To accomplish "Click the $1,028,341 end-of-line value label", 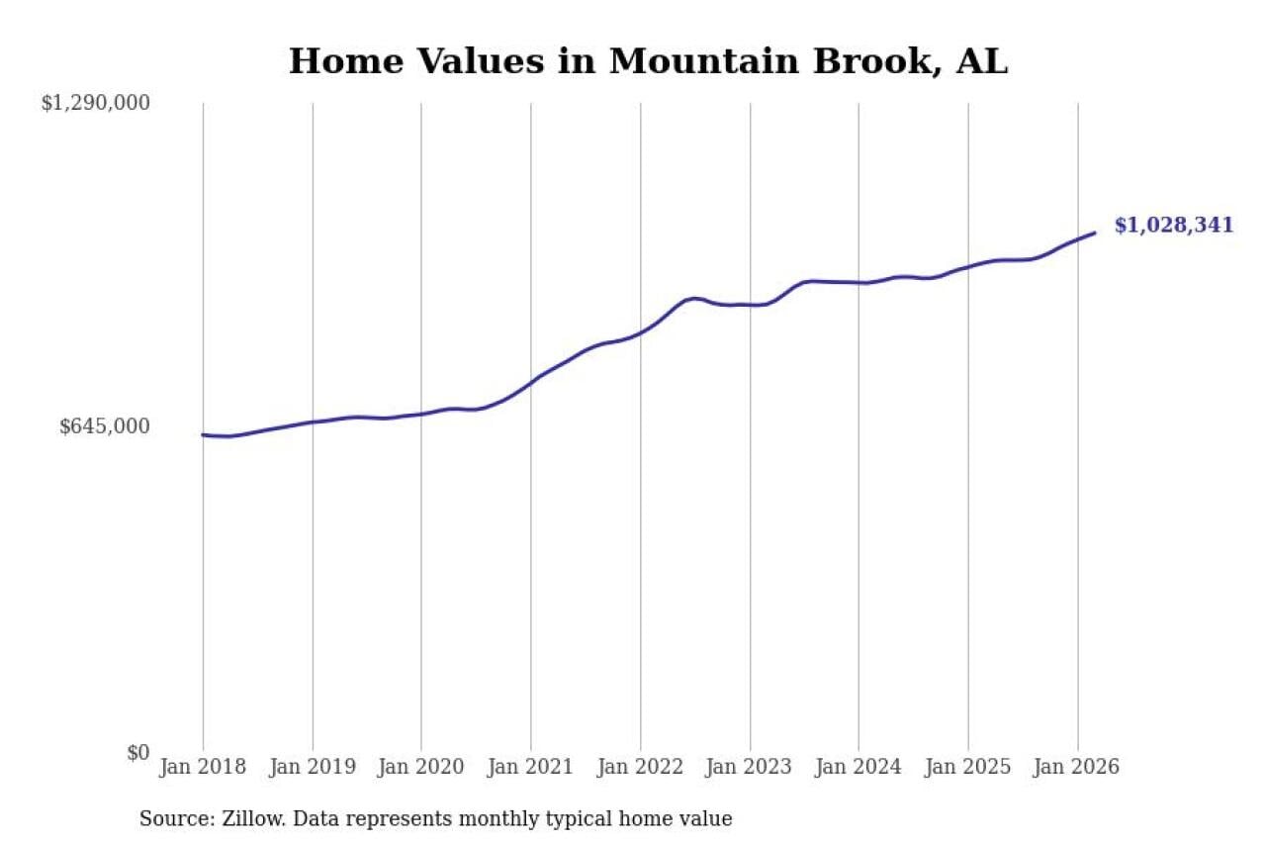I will pyautogui.click(x=1173, y=226).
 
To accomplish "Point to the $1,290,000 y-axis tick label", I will pyautogui.click(x=95, y=103).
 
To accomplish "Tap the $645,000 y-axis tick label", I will pyautogui.click(x=105, y=426).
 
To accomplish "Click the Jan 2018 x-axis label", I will pyautogui.click(x=203, y=768).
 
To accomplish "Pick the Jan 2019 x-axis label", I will pyautogui.click(x=313, y=768).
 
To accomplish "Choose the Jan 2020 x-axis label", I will pyautogui.click(x=421, y=768).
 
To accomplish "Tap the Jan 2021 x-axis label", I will pyautogui.click(x=531, y=768).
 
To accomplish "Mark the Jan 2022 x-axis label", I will pyautogui.click(x=640, y=768).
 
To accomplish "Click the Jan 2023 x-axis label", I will pyautogui.click(x=750, y=768).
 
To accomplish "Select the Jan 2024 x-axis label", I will pyautogui.click(x=859, y=768).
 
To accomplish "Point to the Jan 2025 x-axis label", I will pyautogui.click(x=968, y=768).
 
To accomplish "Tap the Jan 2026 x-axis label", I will pyautogui.click(x=1077, y=768).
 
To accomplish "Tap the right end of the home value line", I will pyautogui.click(x=1095, y=234).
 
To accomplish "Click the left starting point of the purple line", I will pyautogui.click(x=203, y=434).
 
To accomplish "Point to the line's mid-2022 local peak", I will pyautogui.click(x=694, y=298).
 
